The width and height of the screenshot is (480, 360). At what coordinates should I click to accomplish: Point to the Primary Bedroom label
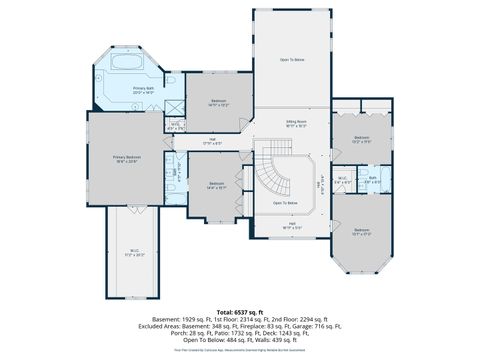click(x=125, y=159)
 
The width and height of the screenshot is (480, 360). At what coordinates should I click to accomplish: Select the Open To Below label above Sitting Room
click(x=292, y=60)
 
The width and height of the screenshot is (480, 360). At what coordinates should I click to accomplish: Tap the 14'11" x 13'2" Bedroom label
click(x=220, y=102)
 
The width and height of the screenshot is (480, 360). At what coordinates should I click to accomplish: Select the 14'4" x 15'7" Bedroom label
click(x=217, y=185)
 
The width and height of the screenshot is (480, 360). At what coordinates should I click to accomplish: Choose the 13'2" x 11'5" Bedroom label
click(x=361, y=139)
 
